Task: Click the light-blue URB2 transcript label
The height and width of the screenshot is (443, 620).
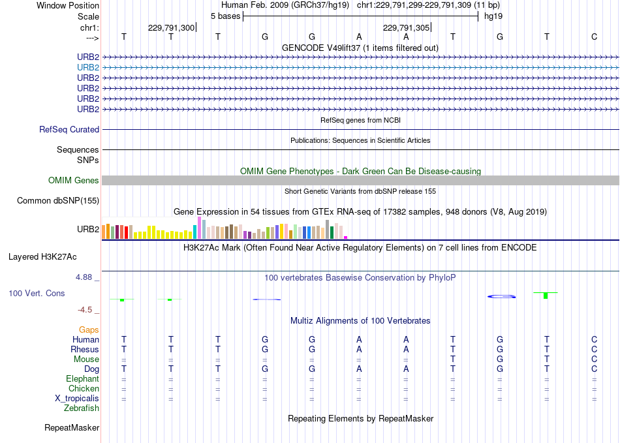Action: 88,68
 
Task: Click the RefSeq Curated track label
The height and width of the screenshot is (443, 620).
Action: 69,130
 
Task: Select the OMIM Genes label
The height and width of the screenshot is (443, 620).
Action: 74,181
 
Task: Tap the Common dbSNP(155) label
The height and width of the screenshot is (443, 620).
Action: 58,201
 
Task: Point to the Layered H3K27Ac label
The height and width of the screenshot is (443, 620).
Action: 42,257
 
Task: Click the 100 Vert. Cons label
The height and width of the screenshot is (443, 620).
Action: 37,293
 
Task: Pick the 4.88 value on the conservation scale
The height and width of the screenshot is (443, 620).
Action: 84,277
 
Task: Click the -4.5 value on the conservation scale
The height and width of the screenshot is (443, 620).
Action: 85,310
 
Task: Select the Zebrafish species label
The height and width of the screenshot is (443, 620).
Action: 82,408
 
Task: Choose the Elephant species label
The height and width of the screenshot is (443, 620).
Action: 83,379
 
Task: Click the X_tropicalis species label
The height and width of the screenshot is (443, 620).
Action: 77,399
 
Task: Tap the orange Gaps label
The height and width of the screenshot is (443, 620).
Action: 89,330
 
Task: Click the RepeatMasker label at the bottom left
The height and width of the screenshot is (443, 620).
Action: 72,428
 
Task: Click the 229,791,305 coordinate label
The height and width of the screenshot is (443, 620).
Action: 406,27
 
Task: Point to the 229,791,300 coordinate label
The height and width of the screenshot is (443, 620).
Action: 171,27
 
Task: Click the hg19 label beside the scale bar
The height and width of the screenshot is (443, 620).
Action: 493,16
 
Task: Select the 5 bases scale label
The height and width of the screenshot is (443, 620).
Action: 225,16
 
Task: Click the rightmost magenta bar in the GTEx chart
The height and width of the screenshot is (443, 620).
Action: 346,237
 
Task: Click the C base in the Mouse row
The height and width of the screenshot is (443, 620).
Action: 594,359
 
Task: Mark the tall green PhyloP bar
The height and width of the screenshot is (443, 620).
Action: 546,296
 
